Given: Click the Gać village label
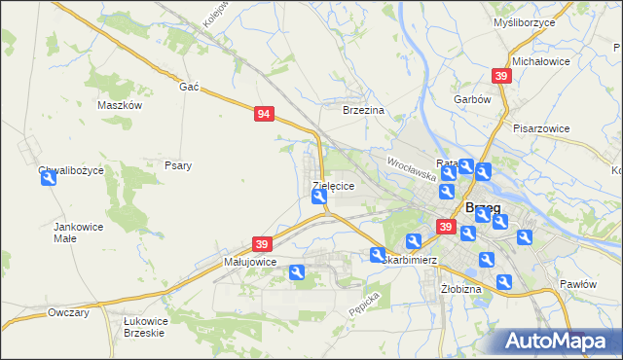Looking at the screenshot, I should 189,87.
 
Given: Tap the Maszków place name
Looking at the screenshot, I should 121,105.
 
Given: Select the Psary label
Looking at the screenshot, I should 177,165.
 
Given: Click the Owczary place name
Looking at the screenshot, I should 68,312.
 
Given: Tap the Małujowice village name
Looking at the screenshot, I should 250,262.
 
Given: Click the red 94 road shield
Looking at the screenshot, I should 264,114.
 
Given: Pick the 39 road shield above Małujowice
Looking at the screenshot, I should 261,243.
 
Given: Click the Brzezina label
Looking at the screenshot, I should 364,111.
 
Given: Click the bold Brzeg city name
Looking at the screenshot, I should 483,207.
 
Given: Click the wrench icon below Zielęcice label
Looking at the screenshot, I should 319,198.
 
